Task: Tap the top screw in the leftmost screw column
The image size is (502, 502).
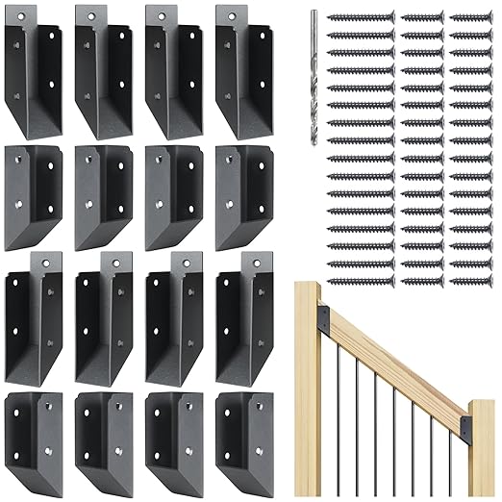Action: [362, 17]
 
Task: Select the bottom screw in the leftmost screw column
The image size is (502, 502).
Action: [362, 281]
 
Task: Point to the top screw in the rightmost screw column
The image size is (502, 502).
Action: [470, 17]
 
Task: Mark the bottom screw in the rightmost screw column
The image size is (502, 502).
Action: [470, 281]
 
